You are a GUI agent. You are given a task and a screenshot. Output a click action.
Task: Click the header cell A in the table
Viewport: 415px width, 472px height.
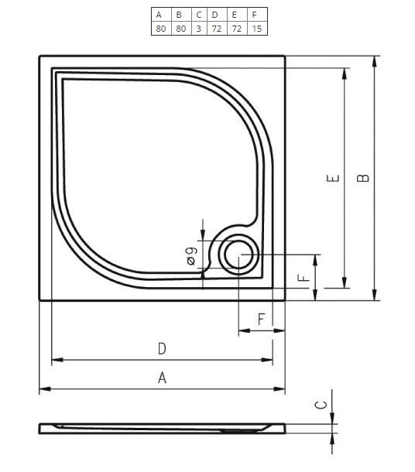pyautogui.click(x=159, y=15)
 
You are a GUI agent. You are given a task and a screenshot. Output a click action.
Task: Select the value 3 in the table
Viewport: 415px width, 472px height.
pyautogui.click(x=198, y=29)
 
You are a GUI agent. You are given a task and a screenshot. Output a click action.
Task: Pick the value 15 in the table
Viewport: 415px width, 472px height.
pyautogui.click(x=257, y=29)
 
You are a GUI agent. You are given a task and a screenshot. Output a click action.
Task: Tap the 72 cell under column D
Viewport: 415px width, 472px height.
pyautogui.click(x=217, y=29)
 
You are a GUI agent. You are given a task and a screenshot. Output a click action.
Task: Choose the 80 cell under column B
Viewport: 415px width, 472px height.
pyautogui.click(x=180, y=29)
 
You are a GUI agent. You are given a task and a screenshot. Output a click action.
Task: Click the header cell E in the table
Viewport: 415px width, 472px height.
pyautogui.click(x=234, y=15)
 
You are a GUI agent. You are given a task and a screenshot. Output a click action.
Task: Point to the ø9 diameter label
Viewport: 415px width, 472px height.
pyautogui.click(x=191, y=256)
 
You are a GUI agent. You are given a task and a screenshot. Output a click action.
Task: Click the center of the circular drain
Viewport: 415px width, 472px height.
pyautogui.click(x=238, y=255)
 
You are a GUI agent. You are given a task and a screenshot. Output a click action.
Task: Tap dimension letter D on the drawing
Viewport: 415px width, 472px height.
pyautogui.click(x=162, y=348)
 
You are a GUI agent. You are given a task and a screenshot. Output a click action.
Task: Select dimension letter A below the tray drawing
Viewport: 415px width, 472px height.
pyautogui.click(x=162, y=378)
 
